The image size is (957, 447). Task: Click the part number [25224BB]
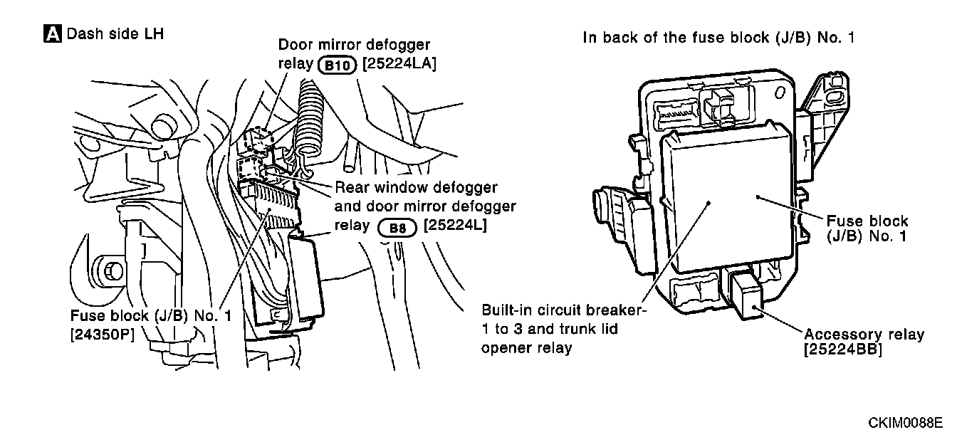point(842,350)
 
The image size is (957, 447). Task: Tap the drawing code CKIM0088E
point(904,424)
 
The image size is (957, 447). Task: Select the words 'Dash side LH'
point(115,33)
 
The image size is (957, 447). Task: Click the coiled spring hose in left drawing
point(311,117)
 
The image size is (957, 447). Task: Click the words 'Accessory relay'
point(864,335)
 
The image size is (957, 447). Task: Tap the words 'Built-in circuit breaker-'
point(563,311)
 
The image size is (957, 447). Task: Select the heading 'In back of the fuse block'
point(718,38)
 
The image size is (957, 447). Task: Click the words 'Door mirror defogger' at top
point(353,45)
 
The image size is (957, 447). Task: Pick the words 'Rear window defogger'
point(416,188)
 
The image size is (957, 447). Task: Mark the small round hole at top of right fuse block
point(781,92)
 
